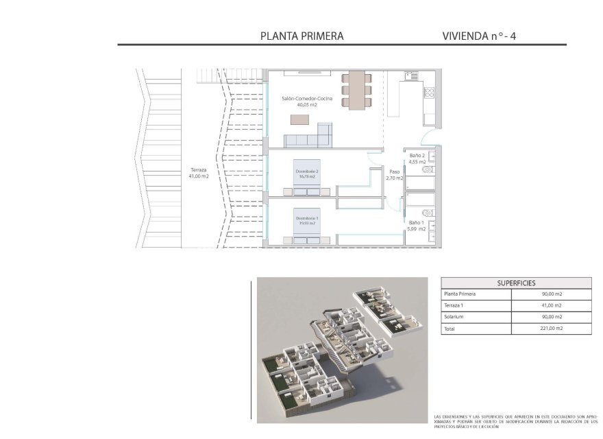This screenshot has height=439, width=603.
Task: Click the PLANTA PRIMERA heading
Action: click(302, 36)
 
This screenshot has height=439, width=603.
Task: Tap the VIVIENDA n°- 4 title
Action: click(484, 36)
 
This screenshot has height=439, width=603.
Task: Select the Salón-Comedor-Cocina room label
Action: click(307, 102)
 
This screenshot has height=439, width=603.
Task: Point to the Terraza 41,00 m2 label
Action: click(199, 173)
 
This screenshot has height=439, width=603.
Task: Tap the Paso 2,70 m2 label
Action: click(394, 175)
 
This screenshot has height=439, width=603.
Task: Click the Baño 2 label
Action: click(418, 159)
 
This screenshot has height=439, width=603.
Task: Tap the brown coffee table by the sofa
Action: click(300, 119)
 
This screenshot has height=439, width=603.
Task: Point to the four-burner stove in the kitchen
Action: click(431, 92)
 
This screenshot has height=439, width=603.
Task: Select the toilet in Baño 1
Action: click(428, 213)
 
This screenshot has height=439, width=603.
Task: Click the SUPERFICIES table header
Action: click(516, 283)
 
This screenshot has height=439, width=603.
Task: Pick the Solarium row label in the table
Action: click(454, 317)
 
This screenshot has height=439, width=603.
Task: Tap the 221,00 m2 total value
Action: click(550, 329)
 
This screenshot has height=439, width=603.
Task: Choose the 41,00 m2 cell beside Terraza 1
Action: click(550, 305)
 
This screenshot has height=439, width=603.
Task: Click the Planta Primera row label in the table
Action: click(460, 294)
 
